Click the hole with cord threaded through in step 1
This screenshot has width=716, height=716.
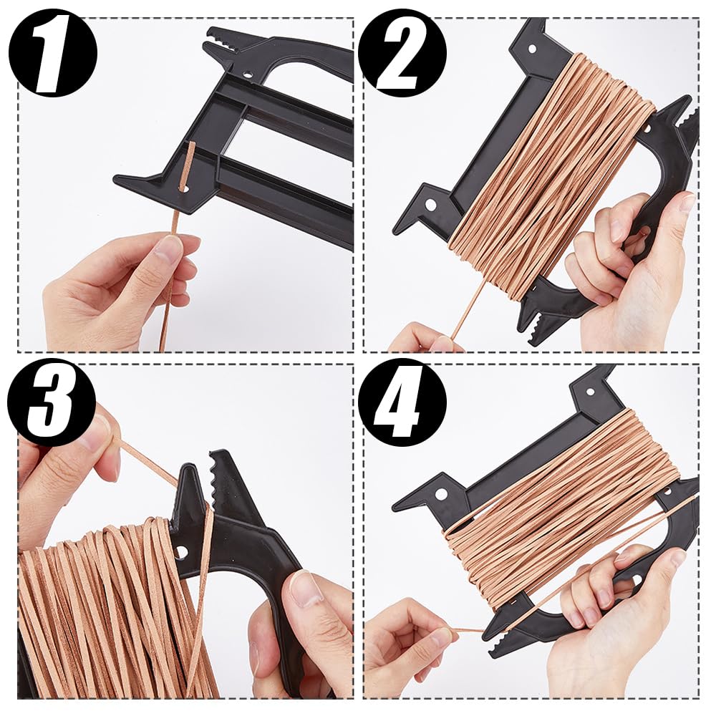click(183, 189)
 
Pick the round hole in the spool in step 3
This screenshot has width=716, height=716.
click(181, 551)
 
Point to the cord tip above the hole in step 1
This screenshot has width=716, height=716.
click(191, 147)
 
